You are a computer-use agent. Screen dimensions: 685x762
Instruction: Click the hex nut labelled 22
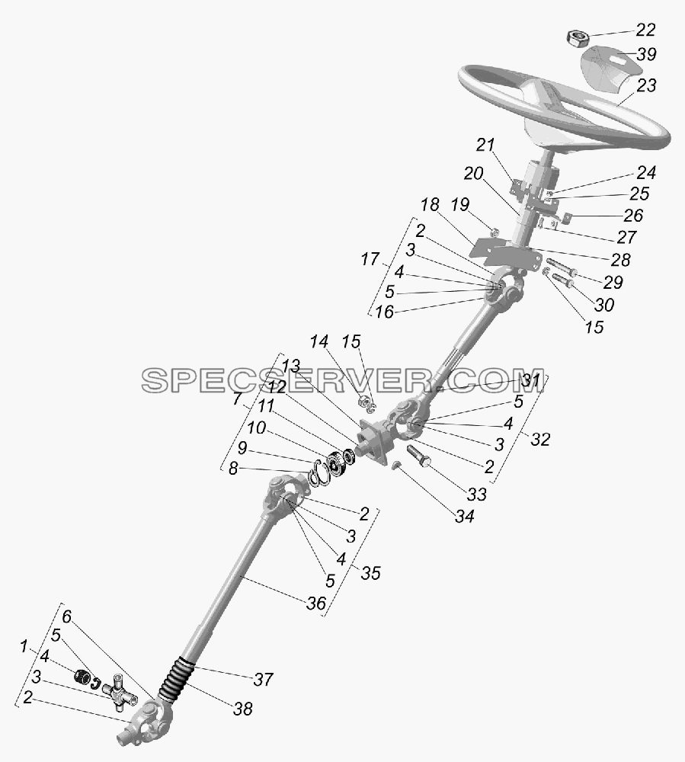[578, 37]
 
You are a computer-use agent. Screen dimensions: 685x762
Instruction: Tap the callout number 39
[647, 54]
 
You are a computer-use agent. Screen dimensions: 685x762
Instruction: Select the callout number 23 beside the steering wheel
[647, 85]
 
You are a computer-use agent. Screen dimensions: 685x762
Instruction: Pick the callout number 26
[633, 215]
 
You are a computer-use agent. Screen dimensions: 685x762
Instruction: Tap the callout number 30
[604, 305]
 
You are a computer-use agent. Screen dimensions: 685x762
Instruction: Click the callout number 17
[370, 259]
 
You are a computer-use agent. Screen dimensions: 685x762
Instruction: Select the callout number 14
[319, 341]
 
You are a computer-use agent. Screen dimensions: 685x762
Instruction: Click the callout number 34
[465, 516]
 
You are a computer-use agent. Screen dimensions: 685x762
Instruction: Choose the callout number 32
[540, 439]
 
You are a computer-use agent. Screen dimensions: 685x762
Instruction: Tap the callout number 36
[316, 603]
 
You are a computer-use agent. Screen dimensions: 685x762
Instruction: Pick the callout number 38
[243, 709]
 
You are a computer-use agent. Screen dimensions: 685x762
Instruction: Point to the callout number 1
[23, 646]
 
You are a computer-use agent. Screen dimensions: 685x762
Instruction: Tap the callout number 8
[233, 469]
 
